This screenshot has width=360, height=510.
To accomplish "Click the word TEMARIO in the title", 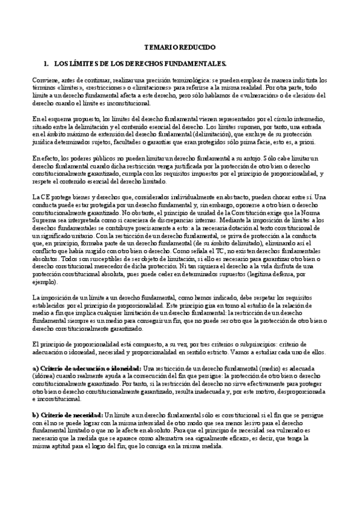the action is [162, 47].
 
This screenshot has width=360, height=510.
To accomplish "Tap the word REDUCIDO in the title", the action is [194, 47].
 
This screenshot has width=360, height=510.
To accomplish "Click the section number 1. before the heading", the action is [47, 63].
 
